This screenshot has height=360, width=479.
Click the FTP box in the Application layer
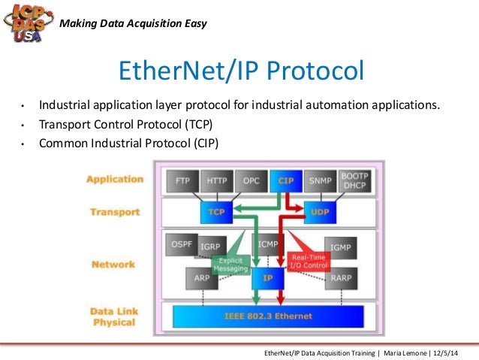(182, 181)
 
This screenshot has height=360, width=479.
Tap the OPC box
(251, 181)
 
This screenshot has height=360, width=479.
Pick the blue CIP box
(285, 181)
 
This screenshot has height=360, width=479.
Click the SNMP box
(319, 181)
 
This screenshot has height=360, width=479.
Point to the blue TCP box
(215, 213)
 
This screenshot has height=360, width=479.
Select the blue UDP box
(320, 213)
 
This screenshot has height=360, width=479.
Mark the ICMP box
(268, 245)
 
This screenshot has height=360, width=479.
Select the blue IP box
(267, 277)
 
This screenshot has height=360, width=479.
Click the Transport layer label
(116, 212)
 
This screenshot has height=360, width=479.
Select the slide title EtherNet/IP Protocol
(240, 71)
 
